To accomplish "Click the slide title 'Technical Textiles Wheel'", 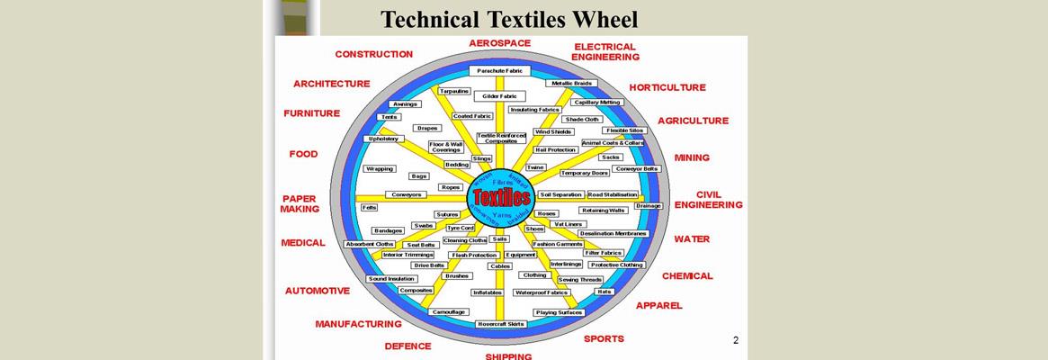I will [x=508, y=19].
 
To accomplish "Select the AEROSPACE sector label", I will [x=499, y=42].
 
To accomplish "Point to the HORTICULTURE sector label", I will [x=667, y=87].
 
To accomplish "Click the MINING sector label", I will [x=692, y=157].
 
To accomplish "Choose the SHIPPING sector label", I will [x=508, y=355].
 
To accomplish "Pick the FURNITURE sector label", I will [x=311, y=113].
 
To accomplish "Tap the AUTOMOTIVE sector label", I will [x=317, y=291].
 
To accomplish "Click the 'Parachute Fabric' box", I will [x=499, y=70].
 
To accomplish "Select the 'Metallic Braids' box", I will [x=571, y=83].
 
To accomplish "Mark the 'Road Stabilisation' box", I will [x=613, y=194].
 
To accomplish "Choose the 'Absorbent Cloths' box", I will [x=369, y=244].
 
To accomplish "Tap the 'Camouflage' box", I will [x=448, y=311].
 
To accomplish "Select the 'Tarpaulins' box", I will [x=453, y=91].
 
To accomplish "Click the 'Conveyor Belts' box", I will [x=637, y=168].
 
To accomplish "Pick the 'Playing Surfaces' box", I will [x=559, y=312].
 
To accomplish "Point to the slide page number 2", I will [x=735, y=340].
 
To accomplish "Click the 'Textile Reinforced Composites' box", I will [x=500, y=139].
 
